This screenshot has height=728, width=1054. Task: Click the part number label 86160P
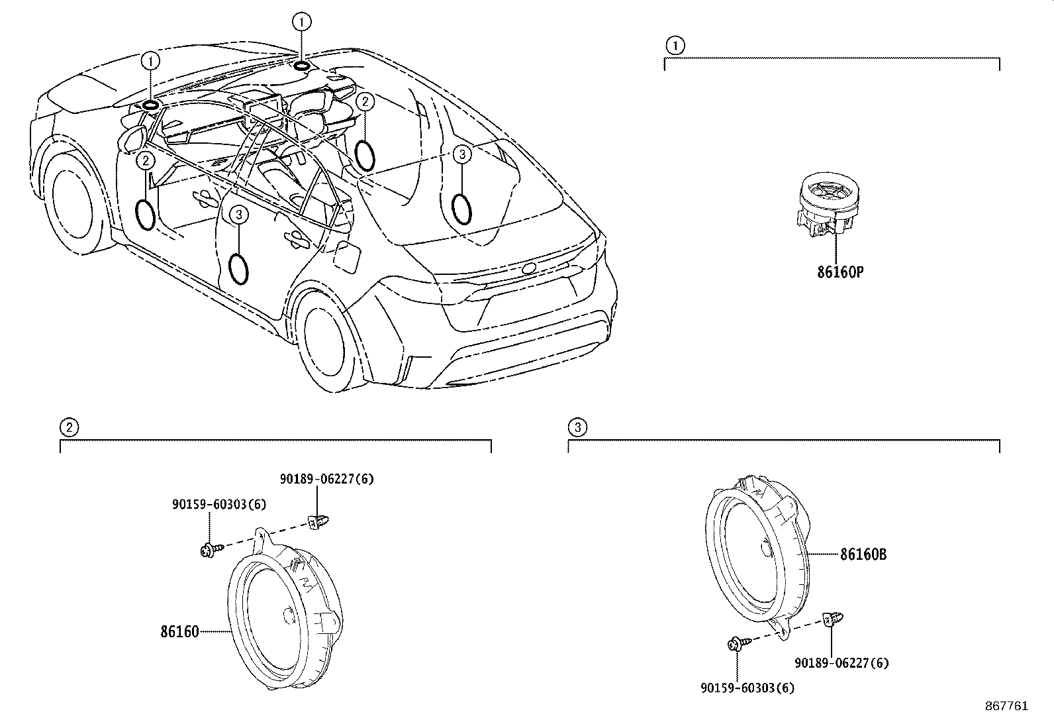(839, 272)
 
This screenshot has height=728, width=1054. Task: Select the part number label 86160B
(863, 554)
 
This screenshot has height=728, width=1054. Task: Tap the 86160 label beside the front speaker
(179, 631)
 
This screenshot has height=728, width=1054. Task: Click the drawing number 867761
(1006, 706)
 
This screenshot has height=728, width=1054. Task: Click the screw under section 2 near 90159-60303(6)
(207, 549)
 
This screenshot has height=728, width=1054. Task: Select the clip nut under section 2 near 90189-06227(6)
(319, 521)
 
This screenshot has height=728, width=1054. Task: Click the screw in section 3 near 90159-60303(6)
(737, 643)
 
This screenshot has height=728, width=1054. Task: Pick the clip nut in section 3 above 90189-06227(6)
(830, 621)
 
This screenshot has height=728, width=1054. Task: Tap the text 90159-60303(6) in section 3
(747, 688)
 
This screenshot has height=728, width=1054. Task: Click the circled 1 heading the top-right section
(674, 46)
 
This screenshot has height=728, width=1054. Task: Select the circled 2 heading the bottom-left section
(69, 427)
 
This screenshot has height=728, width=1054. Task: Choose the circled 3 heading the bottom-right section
(577, 427)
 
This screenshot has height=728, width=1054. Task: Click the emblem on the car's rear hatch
(528, 268)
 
